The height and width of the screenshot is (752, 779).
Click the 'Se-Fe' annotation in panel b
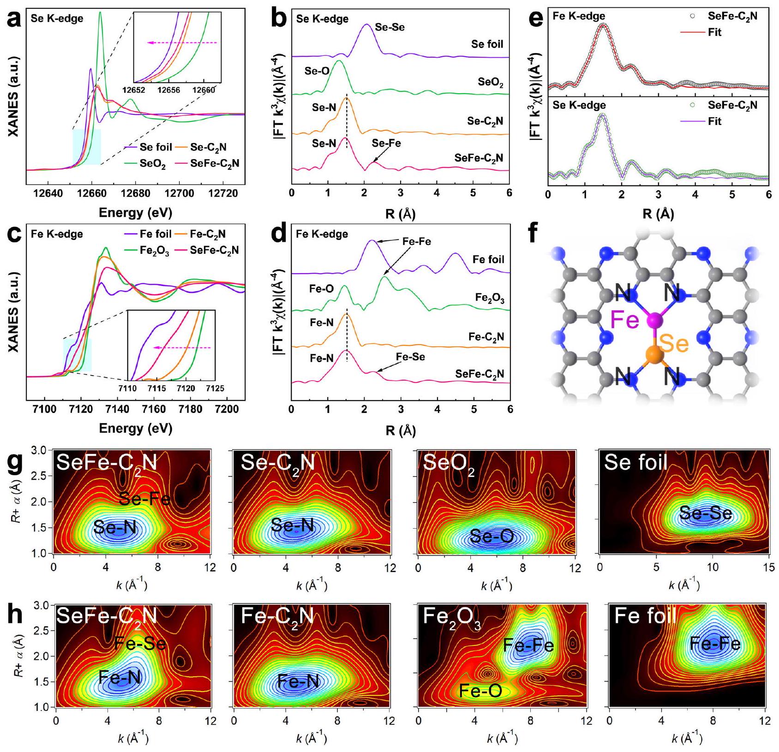pyautogui.click(x=386, y=143)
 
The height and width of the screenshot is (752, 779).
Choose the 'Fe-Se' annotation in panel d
pyautogui.click(x=410, y=357)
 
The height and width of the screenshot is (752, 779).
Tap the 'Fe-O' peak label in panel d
pyautogui.click(x=321, y=289)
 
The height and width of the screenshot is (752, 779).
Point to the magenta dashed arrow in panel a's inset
pyautogui.click(x=182, y=42)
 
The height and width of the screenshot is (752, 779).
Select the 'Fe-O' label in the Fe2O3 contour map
pyautogui.click(x=480, y=691)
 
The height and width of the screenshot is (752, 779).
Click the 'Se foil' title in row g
pyautogui.click(x=636, y=463)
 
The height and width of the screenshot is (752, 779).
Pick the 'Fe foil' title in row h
pyautogui.click(x=645, y=616)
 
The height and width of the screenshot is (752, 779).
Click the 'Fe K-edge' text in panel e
pyautogui.click(x=579, y=16)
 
